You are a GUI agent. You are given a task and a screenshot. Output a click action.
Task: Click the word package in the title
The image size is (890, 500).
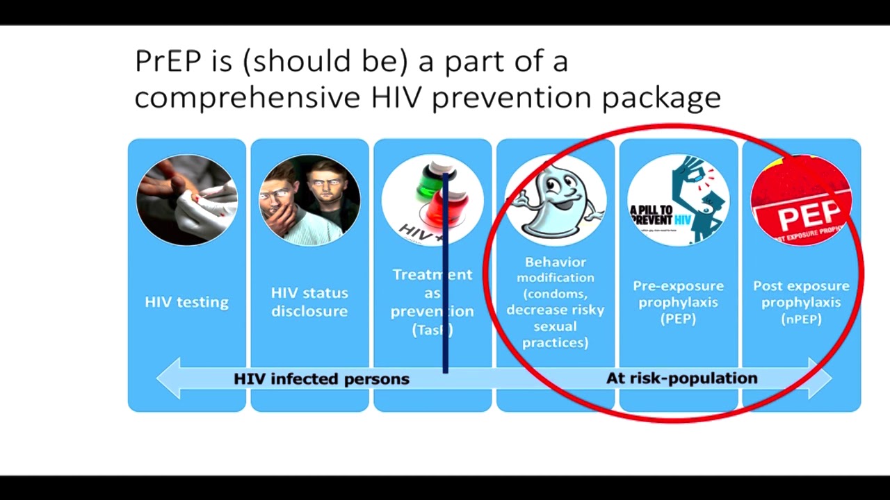point(661,98)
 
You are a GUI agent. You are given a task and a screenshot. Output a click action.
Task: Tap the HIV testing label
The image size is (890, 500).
point(186,302)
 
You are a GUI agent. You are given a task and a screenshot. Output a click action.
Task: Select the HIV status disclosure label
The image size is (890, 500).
point(309,302)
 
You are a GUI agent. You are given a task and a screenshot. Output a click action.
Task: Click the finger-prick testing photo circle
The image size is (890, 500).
point(186,200)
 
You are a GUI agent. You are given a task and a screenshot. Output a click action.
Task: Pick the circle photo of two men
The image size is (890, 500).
point(309,200)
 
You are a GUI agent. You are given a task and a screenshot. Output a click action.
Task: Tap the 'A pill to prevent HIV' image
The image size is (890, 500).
point(678,200)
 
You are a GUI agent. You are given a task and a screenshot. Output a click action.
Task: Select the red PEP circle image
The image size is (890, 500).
point(801,200)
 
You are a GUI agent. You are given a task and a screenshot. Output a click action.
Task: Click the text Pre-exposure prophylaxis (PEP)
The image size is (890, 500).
point(678,302)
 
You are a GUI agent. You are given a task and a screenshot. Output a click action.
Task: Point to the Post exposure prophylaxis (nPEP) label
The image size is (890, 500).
point(801,302)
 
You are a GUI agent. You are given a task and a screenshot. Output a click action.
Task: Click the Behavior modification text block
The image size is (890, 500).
point(555,302)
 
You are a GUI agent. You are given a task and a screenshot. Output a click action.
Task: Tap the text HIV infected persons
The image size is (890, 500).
point(321,379)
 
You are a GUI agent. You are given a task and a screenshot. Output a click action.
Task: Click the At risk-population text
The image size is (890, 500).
point(681,378)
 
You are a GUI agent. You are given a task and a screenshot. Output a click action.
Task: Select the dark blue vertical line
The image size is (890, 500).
point(445,278)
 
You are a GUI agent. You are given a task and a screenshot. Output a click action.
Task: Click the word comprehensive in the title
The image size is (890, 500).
point(246,98)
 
